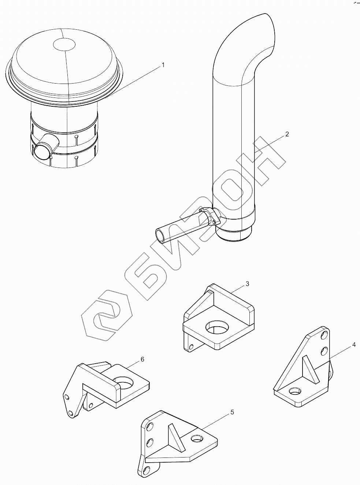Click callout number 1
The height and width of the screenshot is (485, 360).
click(x=163, y=65)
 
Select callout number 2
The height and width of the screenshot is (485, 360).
click(x=287, y=134)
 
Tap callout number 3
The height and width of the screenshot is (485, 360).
click(x=247, y=283)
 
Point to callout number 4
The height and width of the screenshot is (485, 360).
click(x=353, y=345)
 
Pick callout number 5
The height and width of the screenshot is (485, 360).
click(x=232, y=412)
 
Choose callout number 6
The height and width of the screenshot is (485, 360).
click(x=142, y=359)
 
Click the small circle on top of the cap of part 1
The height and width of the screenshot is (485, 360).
click(x=64, y=44)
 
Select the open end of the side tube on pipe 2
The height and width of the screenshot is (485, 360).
click(x=162, y=235)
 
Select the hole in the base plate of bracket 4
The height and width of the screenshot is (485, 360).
click(x=295, y=392)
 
